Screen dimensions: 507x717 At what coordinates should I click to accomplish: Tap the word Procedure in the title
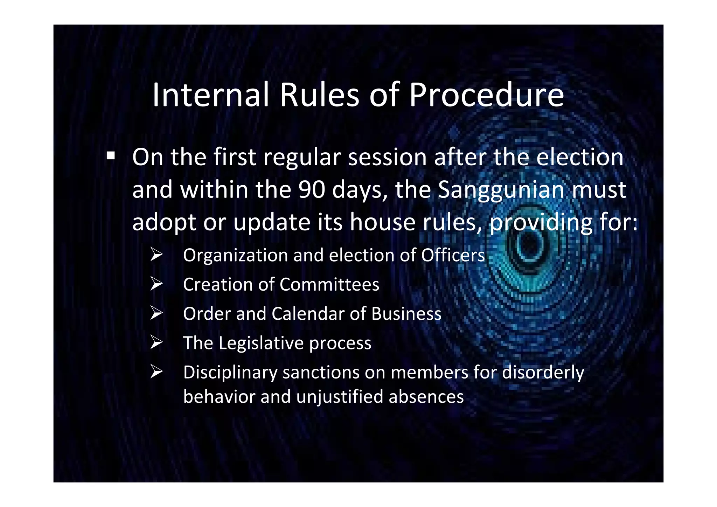tap(486, 95)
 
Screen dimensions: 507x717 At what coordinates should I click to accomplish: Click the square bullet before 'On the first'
tap(111, 155)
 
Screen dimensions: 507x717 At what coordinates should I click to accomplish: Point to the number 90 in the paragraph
tap(312, 189)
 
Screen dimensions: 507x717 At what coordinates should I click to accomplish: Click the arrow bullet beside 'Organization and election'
tap(156, 254)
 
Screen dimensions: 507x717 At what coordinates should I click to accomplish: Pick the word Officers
tap(453, 255)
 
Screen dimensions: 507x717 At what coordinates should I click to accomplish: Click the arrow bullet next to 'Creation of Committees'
tap(156, 283)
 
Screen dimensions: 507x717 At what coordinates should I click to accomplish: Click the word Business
tap(406, 313)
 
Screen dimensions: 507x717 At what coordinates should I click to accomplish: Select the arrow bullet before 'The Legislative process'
tap(156, 342)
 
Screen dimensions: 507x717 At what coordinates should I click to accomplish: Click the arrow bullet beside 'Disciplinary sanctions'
tap(156, 371)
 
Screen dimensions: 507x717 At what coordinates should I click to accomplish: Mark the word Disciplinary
tap(230, 372)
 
